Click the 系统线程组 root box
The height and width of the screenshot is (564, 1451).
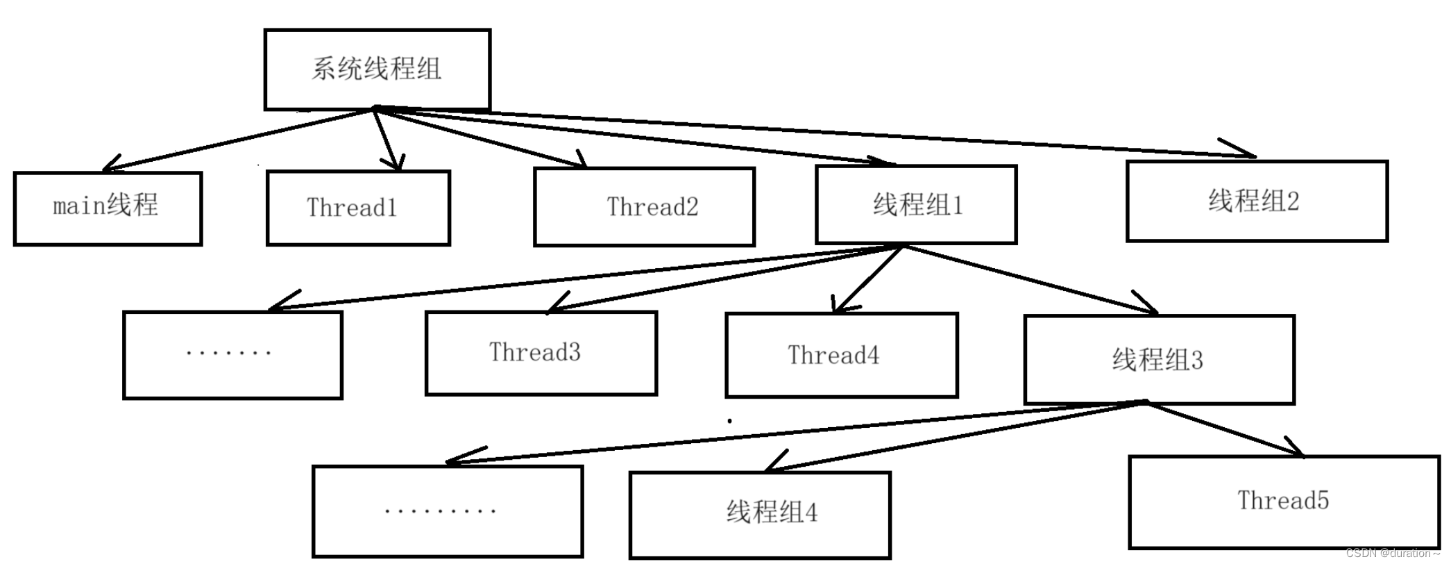point(377,69)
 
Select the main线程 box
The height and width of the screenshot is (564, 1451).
point(108,208)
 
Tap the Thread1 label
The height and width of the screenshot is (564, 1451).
point(352,208)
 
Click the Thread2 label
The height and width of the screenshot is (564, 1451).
point(652,206)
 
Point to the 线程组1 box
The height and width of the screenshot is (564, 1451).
point(916,205)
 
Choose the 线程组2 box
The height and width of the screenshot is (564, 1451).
point(1256,201)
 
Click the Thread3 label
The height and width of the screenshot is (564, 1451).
point(534,352)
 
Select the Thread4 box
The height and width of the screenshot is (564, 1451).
point(841,355)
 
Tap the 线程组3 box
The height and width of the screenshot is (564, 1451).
point(1159,360)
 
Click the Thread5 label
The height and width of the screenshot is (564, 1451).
point(1283,500)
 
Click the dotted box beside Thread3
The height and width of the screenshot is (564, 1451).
point(232,355)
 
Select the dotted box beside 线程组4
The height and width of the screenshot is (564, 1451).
point(447,511)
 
